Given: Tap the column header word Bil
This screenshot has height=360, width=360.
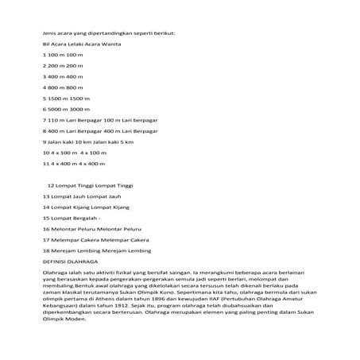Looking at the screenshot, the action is (46, 46).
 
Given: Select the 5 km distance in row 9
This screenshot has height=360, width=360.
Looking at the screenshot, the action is (139, 141).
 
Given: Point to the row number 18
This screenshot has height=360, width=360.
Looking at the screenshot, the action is (46, 250).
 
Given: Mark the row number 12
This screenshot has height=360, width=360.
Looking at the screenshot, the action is (52, 184).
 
